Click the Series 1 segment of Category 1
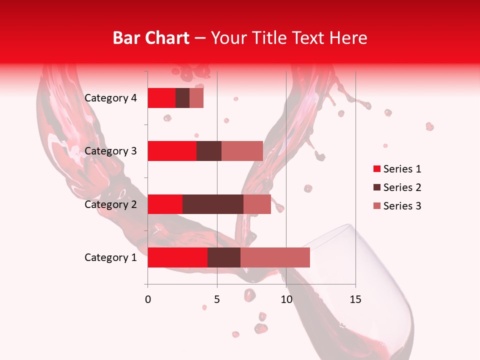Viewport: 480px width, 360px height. [x=177, y=257]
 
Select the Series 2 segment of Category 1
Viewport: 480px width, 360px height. [x=224, y=257]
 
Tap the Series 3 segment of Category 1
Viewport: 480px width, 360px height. [x=275, y=257]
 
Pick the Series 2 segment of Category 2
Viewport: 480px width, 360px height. [x=213, y=204]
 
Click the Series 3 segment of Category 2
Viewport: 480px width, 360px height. [x=257, y=204]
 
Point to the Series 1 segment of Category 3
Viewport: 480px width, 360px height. [x=172, y=151]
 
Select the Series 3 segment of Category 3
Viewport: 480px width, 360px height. [x=242, y=151]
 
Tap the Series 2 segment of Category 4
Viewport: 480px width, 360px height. [x=182, y=98]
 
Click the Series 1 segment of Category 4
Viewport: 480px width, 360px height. [x=161, y=98]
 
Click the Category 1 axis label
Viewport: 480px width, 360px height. [x=110, y=257]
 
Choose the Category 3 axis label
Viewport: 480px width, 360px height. [x=110, y=151]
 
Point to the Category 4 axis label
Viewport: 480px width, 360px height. [x=110, y=98]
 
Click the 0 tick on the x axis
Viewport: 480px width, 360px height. [x=148, y=299]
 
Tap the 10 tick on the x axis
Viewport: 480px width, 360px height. [x=286, y=299]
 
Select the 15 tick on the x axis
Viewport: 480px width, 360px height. [x=355, y=299]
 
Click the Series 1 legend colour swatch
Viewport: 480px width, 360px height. [x=376, y=169]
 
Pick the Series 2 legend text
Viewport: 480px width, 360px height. [x=402, y=187]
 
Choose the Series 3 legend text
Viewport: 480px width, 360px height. [x=402, y=206]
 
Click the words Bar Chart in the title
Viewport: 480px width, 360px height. [x=150, y=38]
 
